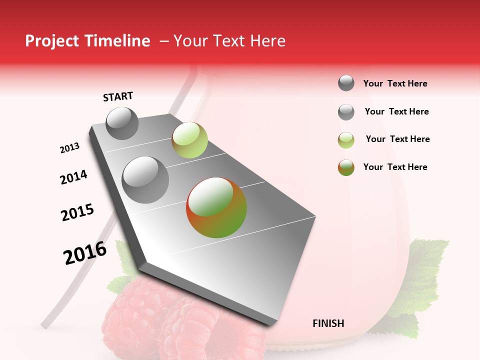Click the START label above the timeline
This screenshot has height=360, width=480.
(118, 96)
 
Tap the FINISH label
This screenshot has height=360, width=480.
(328, 323)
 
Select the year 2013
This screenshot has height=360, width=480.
(70, 148)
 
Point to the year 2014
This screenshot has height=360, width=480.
(73, 177)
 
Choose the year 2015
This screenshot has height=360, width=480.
(77, 212)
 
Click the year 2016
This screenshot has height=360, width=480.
(85, 253)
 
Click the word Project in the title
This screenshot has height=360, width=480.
(52, 41)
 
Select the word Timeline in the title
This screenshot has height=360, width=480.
(118, 41)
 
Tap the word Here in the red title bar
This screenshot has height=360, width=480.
(267, 41)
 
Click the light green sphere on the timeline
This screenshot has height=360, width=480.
(189, 139)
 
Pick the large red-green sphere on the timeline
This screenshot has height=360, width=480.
(216, 207)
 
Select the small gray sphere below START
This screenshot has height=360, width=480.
(122, 123)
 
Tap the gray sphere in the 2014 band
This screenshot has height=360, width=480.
(145, 180)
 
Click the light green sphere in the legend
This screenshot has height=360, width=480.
(346, 140)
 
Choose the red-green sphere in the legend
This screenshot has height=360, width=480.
(346, 167)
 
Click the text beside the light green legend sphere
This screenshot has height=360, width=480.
(397, 139)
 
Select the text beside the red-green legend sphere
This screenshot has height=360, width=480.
(395, 167)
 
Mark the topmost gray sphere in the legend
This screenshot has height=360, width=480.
(346, 83)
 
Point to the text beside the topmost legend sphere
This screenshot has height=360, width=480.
(395, 83)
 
